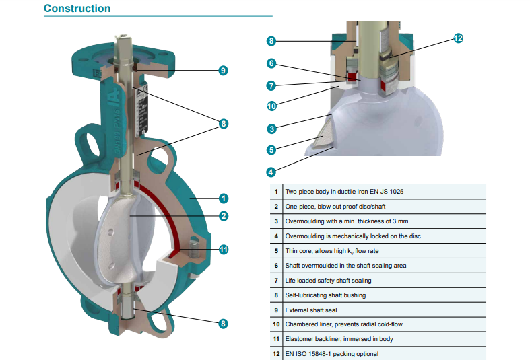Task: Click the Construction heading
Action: coord(77,9)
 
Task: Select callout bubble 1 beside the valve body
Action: coord(223,199)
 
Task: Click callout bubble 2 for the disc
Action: coord(223,216)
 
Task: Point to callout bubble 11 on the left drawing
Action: coord(223,250)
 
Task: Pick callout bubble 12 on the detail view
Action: coord(458,38)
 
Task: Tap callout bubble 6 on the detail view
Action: coord(271,63)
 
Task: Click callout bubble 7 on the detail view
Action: coord(271,85)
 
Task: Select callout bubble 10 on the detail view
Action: coord(271,106)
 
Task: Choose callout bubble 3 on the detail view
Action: coord(271,129)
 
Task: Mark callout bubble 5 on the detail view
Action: coord(271,150)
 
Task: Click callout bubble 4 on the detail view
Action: coord(271,171)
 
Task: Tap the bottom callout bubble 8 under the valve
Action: coord(223,323)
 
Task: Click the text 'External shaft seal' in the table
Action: coord(311,310)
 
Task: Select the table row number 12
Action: coord(276,354)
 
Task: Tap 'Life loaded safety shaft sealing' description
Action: coord(328,280)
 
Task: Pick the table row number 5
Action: coord(276,251)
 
